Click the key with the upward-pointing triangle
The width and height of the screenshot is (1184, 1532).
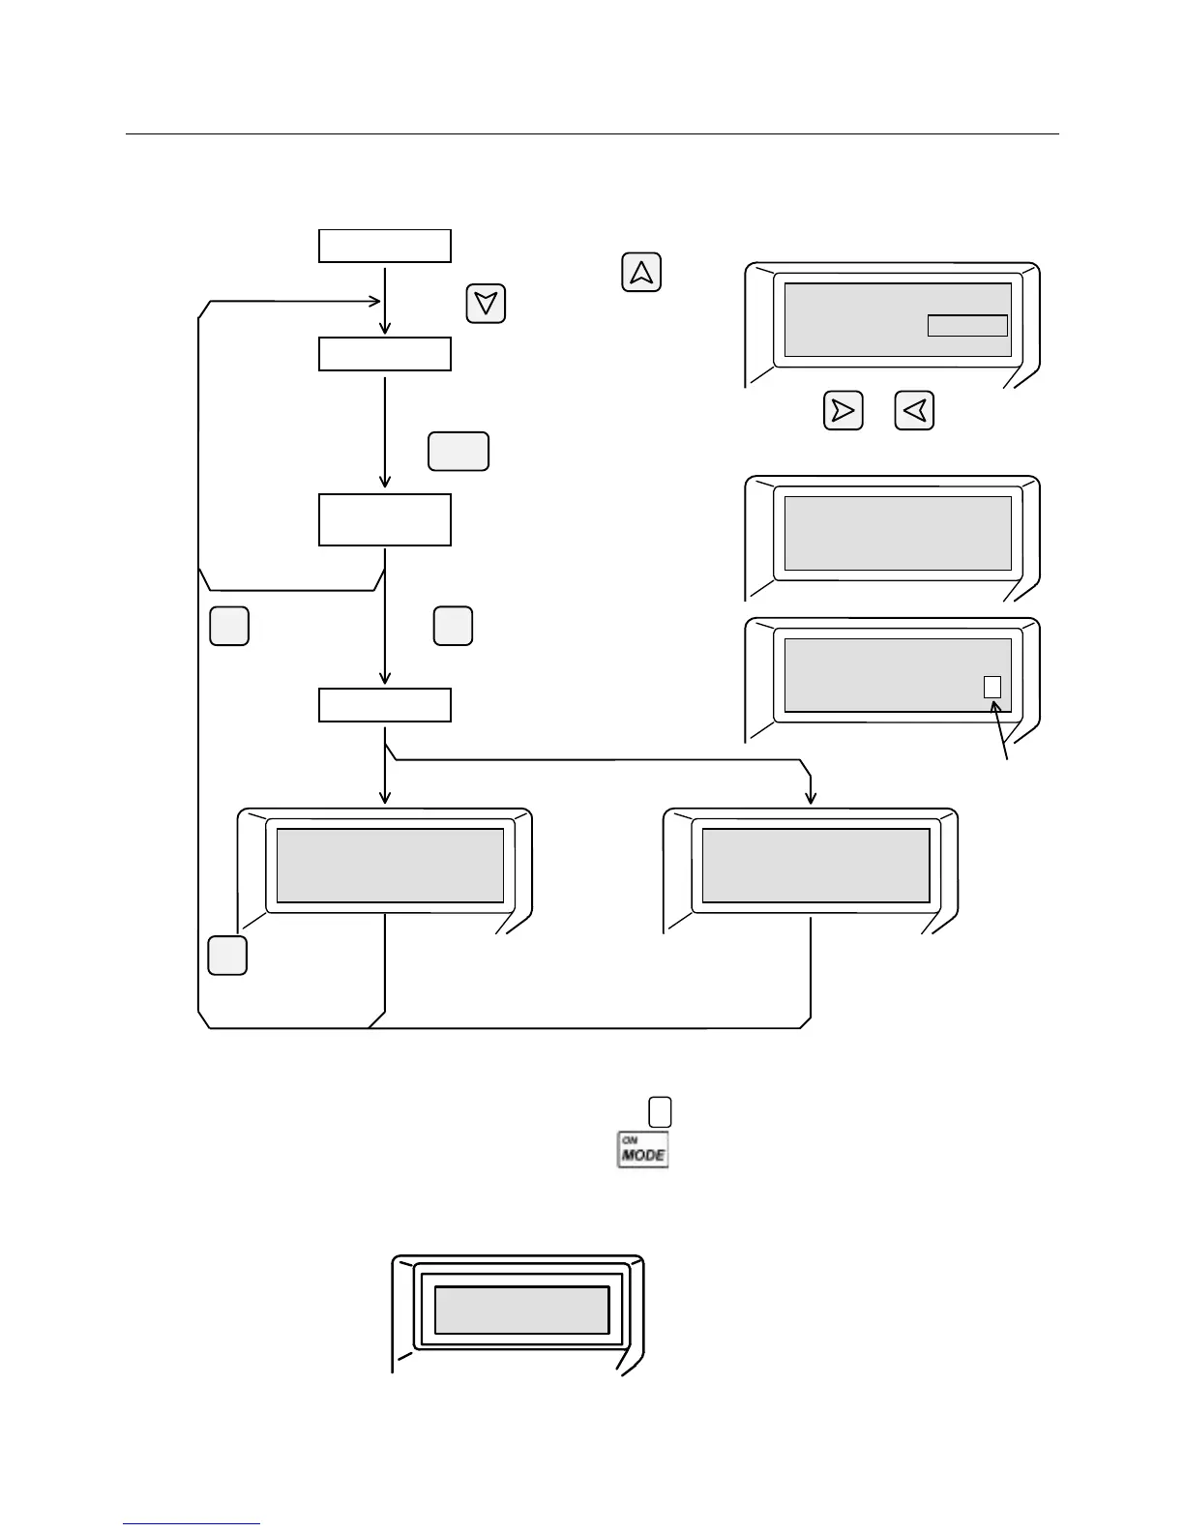[x=641, y=273]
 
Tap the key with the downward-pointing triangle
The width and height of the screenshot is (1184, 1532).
[x=486, y=304]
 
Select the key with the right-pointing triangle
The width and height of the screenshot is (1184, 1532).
[x=843, y=411]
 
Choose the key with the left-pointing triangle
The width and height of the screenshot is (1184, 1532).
[x=914, y=411]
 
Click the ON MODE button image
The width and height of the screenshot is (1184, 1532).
[x=643, y=1150]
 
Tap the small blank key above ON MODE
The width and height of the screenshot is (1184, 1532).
[x=660, y=1111]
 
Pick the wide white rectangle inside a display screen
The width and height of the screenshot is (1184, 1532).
[x=967, y=325]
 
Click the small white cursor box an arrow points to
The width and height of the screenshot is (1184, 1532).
[x=992, y=687]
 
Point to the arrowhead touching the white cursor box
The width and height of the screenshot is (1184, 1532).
[x=995, y=705]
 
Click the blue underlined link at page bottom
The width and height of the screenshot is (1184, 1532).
[x=192, y=1523]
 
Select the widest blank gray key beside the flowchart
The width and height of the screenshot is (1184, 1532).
[x=459, y=452]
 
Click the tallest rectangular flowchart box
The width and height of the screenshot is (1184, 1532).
[x=385, y=519]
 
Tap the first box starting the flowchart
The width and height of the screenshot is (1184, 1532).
[x=385, y=246]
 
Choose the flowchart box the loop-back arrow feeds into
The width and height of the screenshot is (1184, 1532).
[x=385, y=354]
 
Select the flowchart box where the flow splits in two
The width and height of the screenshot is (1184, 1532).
[x=385, y=705]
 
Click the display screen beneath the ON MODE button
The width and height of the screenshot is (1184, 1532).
[x=522, y=1310]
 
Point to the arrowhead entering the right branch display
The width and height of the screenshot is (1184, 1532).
[x=811, y=798]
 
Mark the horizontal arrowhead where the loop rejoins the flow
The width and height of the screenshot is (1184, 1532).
[x=376, y=301]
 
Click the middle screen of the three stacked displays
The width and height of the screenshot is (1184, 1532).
[x=898, y=533]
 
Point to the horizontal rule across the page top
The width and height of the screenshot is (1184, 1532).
[x=592, y=134]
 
